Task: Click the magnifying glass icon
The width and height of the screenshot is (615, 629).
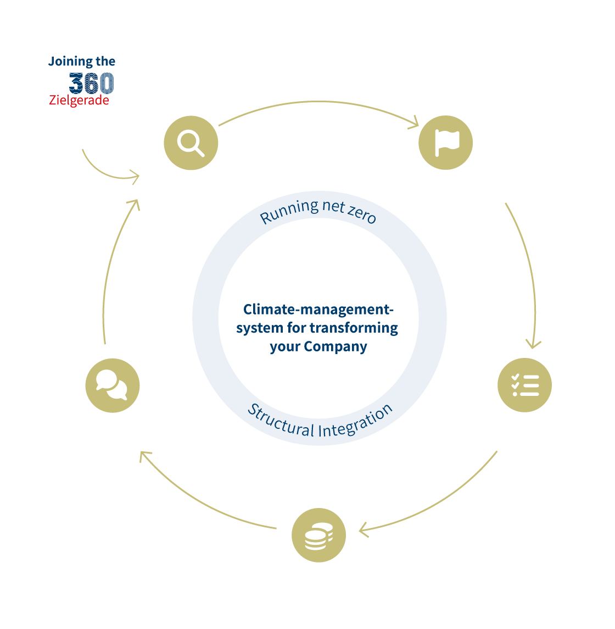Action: pyautogui.click(x=191, y=143)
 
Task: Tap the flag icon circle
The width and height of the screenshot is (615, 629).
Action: pyautogui.click(x=445, y=143)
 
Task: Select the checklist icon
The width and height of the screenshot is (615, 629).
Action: pyautogui.click(x=524, y=385)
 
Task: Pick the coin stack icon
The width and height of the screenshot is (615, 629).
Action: pyautogui.click(x=318, y=535)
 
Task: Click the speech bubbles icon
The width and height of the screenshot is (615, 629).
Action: pyautogui.click(x=113, y=385)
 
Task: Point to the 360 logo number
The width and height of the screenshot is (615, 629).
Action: pyautogui.click(x=92, y=83)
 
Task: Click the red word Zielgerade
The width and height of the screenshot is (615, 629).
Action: pyautogui.click(x=79, y=100)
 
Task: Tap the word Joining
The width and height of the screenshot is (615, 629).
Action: pyautogui.click(x=70, y=62)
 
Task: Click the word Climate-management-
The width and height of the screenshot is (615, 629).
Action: pyautogui.click(x=318, y=310)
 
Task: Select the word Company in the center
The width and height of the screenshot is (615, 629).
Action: pyautogui.click(x=336, y=346)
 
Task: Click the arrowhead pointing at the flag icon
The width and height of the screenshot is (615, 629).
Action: pyautogui.click(x=414, y=123)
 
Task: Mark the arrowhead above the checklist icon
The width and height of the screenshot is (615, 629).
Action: pyautogui.click(x=533, y=344)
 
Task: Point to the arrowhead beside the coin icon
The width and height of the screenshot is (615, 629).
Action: pyautogui.click(x=364, y=530)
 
